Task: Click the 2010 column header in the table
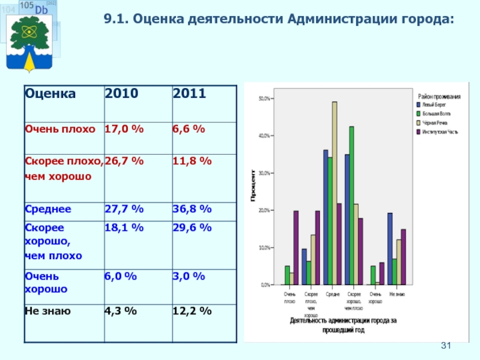122,94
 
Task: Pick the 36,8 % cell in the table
192,209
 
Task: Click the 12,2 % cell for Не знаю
192,311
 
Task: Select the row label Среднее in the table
48,209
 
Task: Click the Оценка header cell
50,94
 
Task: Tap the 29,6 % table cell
192,227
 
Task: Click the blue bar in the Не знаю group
390,249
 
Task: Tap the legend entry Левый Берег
432,104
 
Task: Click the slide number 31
446,346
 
